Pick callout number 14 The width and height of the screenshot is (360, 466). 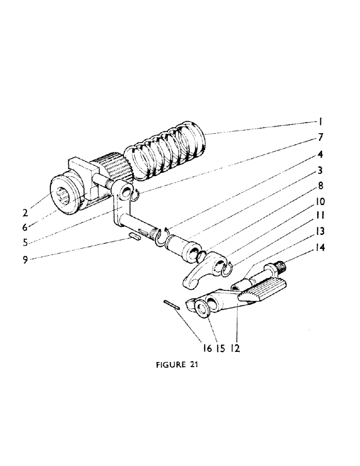click(321, 249)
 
